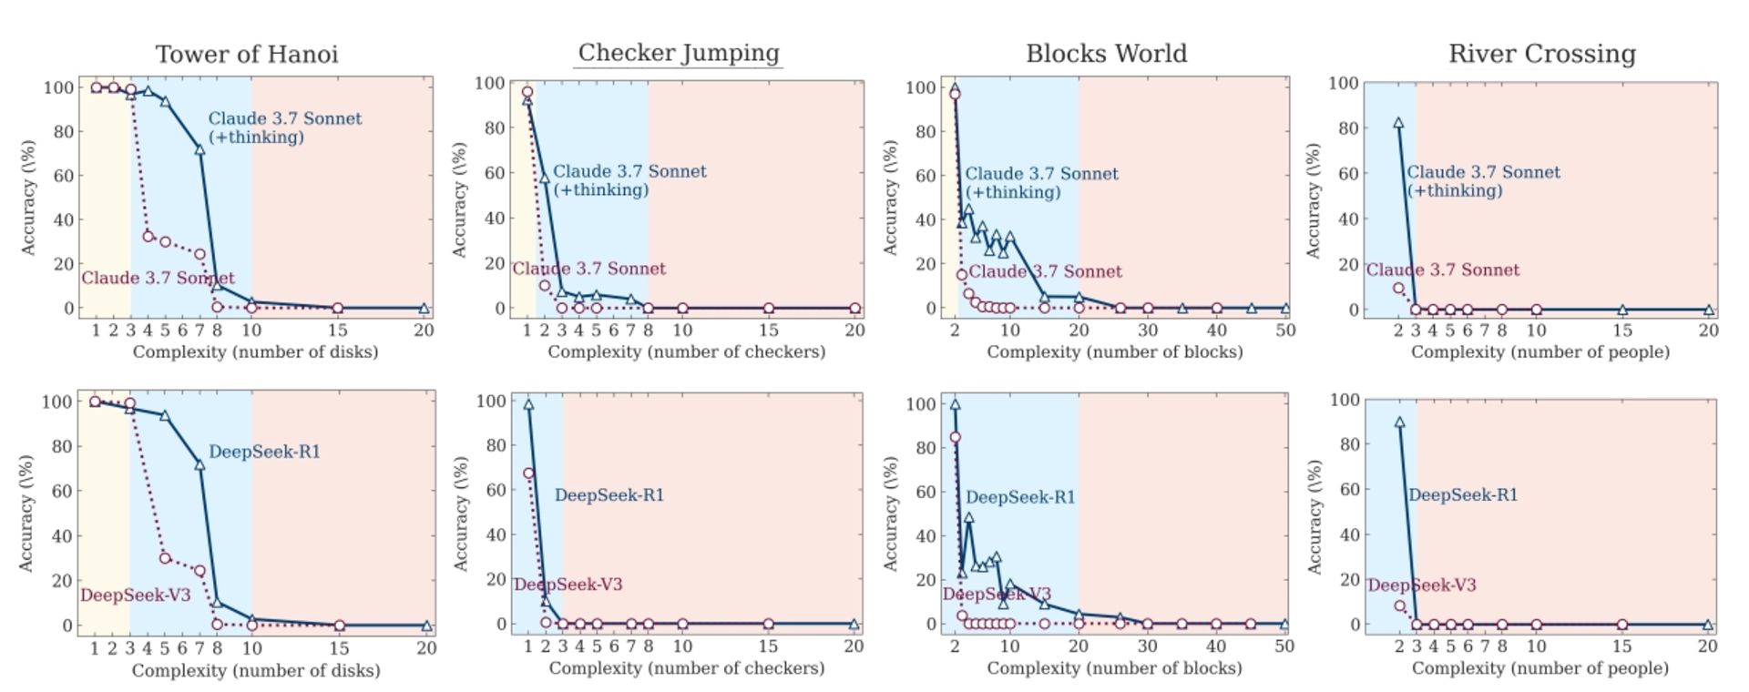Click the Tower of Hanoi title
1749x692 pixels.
coord(247,55)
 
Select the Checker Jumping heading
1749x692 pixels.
coord(679,53)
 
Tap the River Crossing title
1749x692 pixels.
coord(1541,54)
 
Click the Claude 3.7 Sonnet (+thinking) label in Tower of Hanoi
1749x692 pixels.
coord(285,127)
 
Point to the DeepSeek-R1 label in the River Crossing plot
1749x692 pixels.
coord(1463,495)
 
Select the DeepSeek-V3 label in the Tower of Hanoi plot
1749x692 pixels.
coord(135,595)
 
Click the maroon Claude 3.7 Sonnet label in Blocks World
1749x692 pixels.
coord(1045,271)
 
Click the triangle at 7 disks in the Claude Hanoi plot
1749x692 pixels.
coord(199,149)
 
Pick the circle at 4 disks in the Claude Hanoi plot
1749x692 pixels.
coord(148,236)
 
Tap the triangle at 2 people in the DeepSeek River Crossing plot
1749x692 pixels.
coord(1399,422)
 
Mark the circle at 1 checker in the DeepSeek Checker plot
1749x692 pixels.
coord(528,473)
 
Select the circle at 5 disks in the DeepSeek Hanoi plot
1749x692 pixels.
coord(165,558)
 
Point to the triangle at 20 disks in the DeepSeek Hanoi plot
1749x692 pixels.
coord(425,626)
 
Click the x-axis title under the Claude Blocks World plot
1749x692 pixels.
coord(1114,351)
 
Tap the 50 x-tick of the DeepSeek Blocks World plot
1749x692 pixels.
coord(1284,646)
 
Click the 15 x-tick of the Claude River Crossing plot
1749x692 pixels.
coord(1622,331)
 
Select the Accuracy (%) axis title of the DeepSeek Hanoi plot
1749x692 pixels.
coord(26,513)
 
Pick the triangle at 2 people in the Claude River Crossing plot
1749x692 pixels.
coord(1398,122)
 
